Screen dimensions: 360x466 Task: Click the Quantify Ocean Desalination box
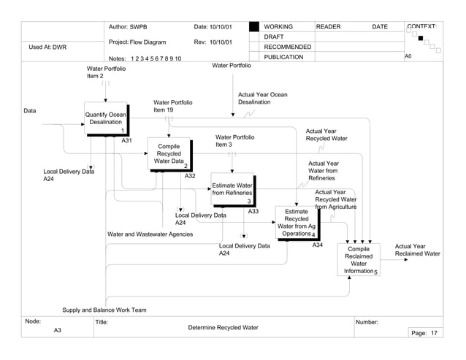point(106,118)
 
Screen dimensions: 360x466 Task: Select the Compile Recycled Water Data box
point(169,154)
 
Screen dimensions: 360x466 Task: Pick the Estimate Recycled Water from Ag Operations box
point(296,223)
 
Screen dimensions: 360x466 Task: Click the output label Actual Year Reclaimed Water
point(417,250)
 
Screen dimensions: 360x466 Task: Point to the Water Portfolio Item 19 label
point(173,106)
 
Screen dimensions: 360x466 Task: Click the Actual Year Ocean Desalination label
point(262,99)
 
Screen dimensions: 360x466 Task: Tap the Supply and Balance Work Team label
point(104,310)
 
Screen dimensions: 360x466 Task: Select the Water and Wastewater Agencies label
point(150,234)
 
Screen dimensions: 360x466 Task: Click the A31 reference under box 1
point(126,140)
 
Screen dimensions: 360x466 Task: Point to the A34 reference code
point(317,245)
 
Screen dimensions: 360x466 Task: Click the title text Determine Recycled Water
point(223,328)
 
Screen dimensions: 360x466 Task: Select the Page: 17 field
point(424,333)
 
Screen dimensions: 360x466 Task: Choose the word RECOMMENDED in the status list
point(287,47)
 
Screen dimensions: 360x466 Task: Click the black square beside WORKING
point(253,27)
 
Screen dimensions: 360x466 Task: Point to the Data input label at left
point(29,111)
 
